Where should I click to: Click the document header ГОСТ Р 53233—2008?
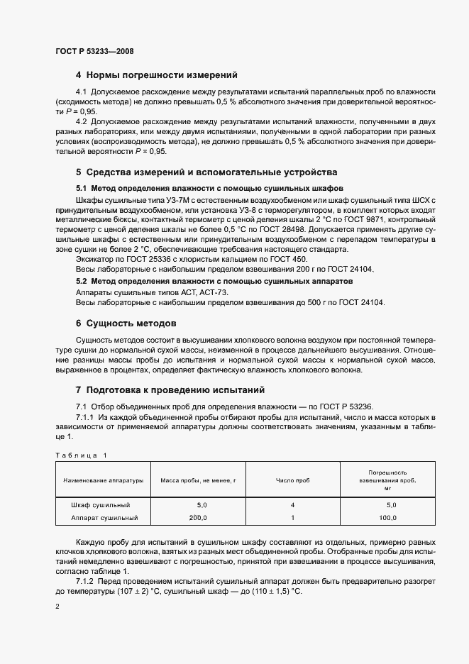coord(94,51)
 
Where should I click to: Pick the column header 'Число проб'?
coord(293,480)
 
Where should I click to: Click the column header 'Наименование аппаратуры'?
coord(103,480)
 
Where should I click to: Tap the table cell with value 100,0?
coord(387,518)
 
